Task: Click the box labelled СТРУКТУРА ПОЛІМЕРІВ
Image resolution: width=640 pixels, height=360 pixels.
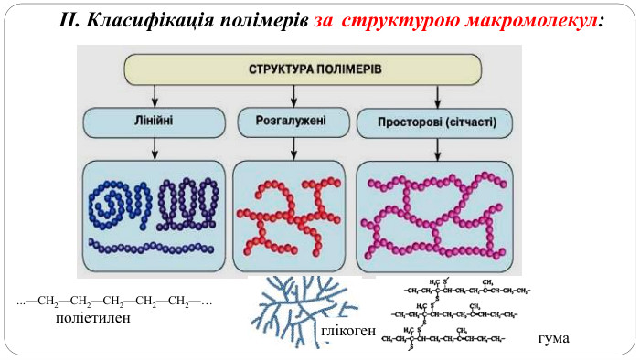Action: coord(303,69)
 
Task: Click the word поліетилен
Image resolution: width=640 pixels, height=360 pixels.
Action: coord(93,319)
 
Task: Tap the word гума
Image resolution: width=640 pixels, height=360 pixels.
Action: coord(554,338)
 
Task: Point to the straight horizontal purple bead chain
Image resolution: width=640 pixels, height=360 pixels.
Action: coord(153,246)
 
